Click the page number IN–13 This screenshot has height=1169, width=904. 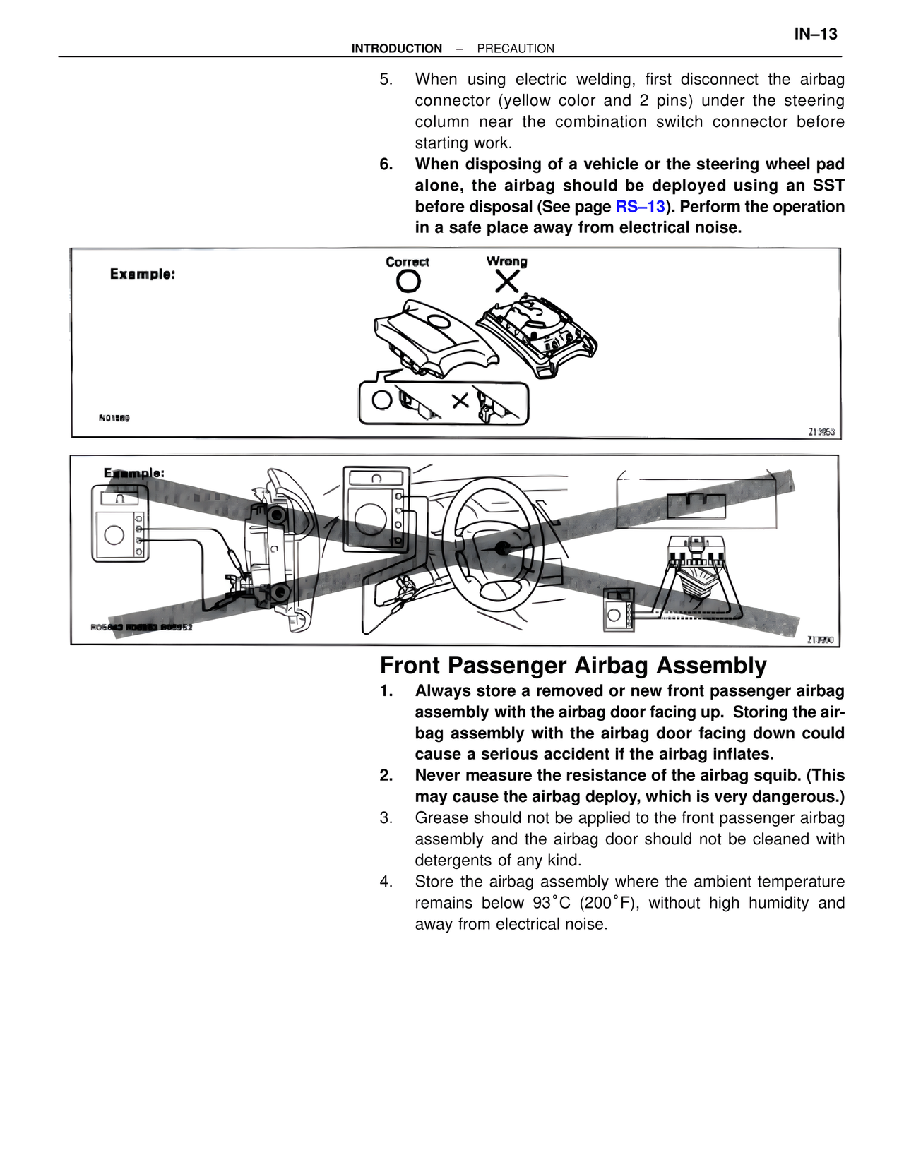point(815,34)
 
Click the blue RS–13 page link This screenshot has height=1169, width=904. point(640,207)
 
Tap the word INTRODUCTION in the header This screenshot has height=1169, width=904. point(396,49)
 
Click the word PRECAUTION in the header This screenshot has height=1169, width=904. point(516,49)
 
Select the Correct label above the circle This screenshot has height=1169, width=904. point(407,262)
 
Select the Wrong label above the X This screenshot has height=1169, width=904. point(506,261)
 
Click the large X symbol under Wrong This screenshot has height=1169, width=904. point(506,282)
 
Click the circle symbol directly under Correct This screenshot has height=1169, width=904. point(408,282)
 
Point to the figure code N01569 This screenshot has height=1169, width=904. point(114,418)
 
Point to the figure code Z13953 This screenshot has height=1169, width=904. point(821,431)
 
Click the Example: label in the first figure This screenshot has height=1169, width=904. point(142,274)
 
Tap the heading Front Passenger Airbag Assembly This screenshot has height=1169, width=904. point(573,666)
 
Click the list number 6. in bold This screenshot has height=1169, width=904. point(386,164)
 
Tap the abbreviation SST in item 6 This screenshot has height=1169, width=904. point(828,186)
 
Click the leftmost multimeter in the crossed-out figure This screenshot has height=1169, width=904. point(119,523)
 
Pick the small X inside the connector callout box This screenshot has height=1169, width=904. point(460,401)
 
